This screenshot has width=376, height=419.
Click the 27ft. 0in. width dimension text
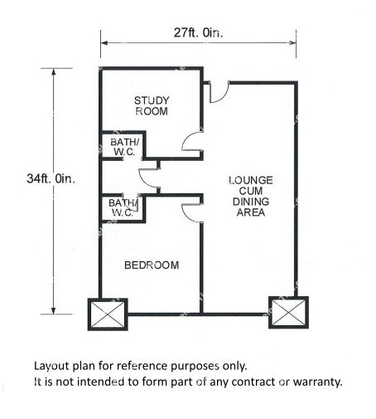pos(198,32)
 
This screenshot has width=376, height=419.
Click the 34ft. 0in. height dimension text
pos(51,178)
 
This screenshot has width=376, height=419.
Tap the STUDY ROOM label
pos(152,105)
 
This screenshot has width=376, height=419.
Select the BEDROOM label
pos(152,266)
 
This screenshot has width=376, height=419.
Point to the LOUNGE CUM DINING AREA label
pos(251,197)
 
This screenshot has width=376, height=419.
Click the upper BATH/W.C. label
pos(124,147)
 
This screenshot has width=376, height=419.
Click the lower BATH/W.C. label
pos(123,208)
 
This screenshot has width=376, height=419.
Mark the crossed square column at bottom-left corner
pos(108,314)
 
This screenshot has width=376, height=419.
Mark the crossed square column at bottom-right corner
pos(288,313)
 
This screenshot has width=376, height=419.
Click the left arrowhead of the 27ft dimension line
pos(104,43)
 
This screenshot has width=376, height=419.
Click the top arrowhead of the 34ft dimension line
pos(54,71)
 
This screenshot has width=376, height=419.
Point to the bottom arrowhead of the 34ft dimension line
pos(54,311)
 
